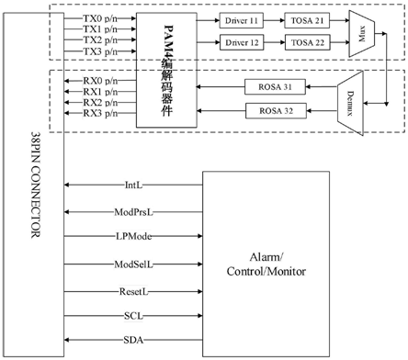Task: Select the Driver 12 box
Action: coord(240,43)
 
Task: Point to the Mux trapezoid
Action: coord(363,30)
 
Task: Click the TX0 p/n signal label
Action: coord(99,17)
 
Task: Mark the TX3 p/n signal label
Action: coord(99,53)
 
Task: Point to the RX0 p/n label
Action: coord(99,81)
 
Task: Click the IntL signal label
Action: coord(133,184)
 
